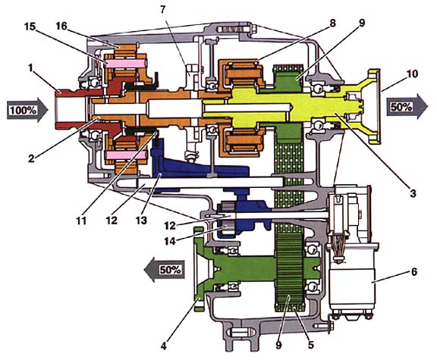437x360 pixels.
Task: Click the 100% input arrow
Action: pos(27,110)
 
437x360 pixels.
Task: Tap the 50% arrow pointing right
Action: pos(407,106)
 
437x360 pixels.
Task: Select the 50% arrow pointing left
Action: pos(165,270)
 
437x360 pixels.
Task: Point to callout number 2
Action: pos(32,158)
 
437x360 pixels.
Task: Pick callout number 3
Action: pos(413,193)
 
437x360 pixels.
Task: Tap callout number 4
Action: pos(164,346)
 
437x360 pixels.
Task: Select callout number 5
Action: pos(310,345)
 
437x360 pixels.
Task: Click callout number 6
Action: pos(414,272)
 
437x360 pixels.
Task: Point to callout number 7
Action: pos(163,9)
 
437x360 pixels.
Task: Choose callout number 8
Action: pos(332,23)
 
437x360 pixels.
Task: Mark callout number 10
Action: pos(412,74)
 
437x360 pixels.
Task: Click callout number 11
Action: pos(81,221)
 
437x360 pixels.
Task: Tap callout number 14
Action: pos(169,241)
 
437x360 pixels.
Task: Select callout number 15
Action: pos(30,27)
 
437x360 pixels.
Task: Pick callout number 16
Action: pos(61,26)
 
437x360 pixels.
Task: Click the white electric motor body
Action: pos(353,281)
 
